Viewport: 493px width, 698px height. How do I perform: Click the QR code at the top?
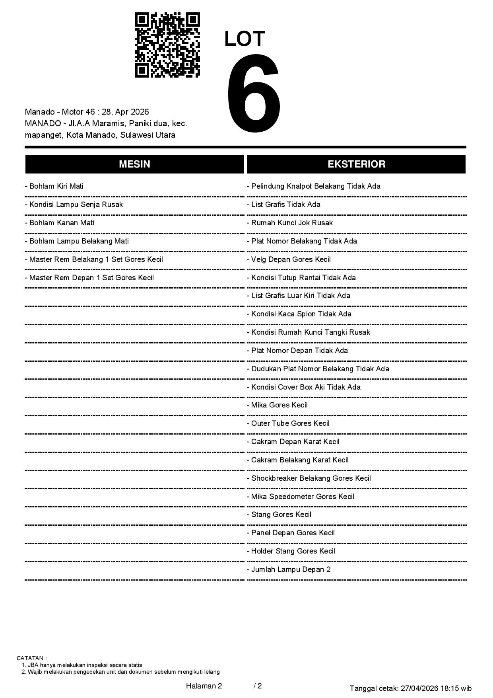pos(167,45)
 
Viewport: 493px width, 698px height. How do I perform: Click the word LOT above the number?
pos(245,39)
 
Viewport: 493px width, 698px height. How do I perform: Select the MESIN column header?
pos(134,164)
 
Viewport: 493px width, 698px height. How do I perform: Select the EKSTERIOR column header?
pos(356,164)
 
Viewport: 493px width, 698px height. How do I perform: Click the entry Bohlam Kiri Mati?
pos(54,186)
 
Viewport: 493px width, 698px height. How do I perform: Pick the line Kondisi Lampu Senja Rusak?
pos(74,205)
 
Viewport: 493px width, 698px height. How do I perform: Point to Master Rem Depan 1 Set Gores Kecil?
pos(89,278)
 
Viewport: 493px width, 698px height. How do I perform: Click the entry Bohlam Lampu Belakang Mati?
pos(77,241)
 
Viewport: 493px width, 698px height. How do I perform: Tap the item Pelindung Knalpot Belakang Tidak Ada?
pos(314,186)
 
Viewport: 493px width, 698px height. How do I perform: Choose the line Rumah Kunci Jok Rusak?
pos(290,223)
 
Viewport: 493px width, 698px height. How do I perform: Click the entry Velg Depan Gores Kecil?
pos(289,259)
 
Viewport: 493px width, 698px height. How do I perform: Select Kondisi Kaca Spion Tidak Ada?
pos(299,314)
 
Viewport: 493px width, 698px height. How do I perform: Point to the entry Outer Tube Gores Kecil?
pos(288,423)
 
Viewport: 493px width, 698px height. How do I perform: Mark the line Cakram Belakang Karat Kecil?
pos(298,460)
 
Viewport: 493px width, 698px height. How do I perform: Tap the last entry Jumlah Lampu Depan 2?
pos(289,569)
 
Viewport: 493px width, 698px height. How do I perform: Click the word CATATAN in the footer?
pos(31,658)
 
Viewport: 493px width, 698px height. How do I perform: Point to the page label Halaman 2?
pos(204,686)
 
